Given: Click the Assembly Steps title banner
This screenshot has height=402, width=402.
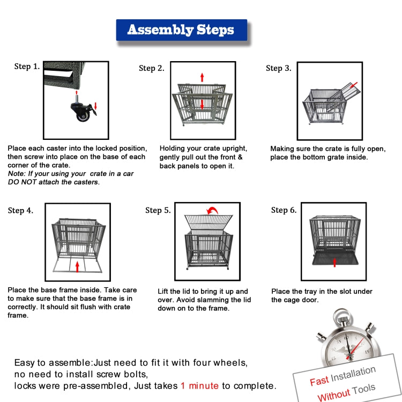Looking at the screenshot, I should point(181,30).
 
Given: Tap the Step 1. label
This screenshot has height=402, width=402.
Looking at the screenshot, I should point(27,67).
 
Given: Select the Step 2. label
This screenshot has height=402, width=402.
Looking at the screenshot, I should point(151,68).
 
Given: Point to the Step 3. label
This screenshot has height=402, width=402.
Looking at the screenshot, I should point(279,68).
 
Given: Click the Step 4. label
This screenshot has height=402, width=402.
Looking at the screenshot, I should point(20,211).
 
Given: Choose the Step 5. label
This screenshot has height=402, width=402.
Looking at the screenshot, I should point(158,210).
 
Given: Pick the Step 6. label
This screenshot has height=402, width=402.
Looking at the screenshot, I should point(284,210).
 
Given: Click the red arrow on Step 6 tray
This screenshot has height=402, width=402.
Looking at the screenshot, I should point(335,262).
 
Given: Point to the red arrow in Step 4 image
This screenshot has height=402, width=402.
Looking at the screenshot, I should point(78,266).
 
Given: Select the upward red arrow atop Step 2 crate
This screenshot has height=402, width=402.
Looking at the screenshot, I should point(202,77).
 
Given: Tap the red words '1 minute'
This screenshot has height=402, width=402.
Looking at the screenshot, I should point(199,385).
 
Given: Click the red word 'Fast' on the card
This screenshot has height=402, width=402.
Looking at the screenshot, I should point(319,381).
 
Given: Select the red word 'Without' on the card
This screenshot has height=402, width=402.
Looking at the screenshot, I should point(333,396).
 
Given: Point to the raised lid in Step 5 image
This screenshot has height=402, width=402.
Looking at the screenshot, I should point(209,221).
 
